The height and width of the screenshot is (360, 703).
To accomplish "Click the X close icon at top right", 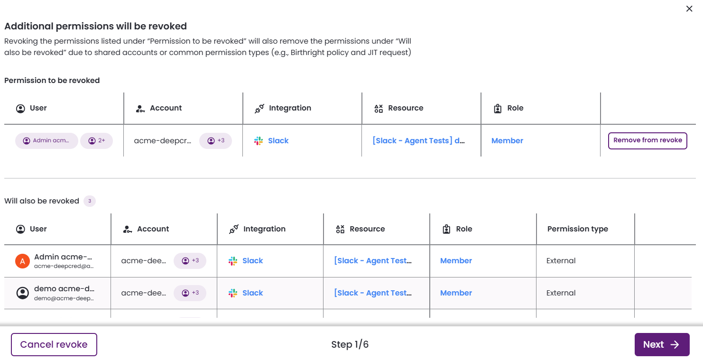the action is (x=689, y=9).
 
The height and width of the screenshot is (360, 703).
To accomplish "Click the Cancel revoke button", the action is (x=54, y=344).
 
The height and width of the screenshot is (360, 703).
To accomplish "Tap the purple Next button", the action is (x=662, y=344).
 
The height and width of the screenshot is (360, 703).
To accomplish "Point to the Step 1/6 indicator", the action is (x=350, y=344).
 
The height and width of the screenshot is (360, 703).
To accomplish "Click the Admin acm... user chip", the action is (x=46, y=140).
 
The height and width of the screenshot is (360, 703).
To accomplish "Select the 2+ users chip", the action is (x=96, y=140).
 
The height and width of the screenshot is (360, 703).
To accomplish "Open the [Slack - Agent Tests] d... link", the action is (x=418, y=140).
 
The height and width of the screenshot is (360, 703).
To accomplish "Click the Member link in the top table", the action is (x=507, y=140).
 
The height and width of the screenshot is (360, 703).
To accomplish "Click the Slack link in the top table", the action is (x=278, y=140).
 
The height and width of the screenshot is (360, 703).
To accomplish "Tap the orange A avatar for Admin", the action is (x=23, y=261).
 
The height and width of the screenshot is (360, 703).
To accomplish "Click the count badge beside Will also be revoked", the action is (x=90, y=201).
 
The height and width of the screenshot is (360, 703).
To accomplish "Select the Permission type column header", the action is (x=577, y=229).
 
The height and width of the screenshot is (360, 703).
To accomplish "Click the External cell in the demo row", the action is (x=561, y=293).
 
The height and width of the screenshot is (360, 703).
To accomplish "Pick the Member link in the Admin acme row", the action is (x=456, y=260).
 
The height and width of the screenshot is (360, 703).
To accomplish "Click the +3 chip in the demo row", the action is (x=190, y=293).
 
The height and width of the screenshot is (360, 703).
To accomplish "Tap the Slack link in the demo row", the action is (x=253, y=293).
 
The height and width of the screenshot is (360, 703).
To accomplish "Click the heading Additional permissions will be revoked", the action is (x=95, y=26).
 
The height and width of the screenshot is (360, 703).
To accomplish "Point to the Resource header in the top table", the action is (x=406, y=108).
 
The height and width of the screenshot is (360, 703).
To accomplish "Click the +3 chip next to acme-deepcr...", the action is (x=216, y=140).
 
